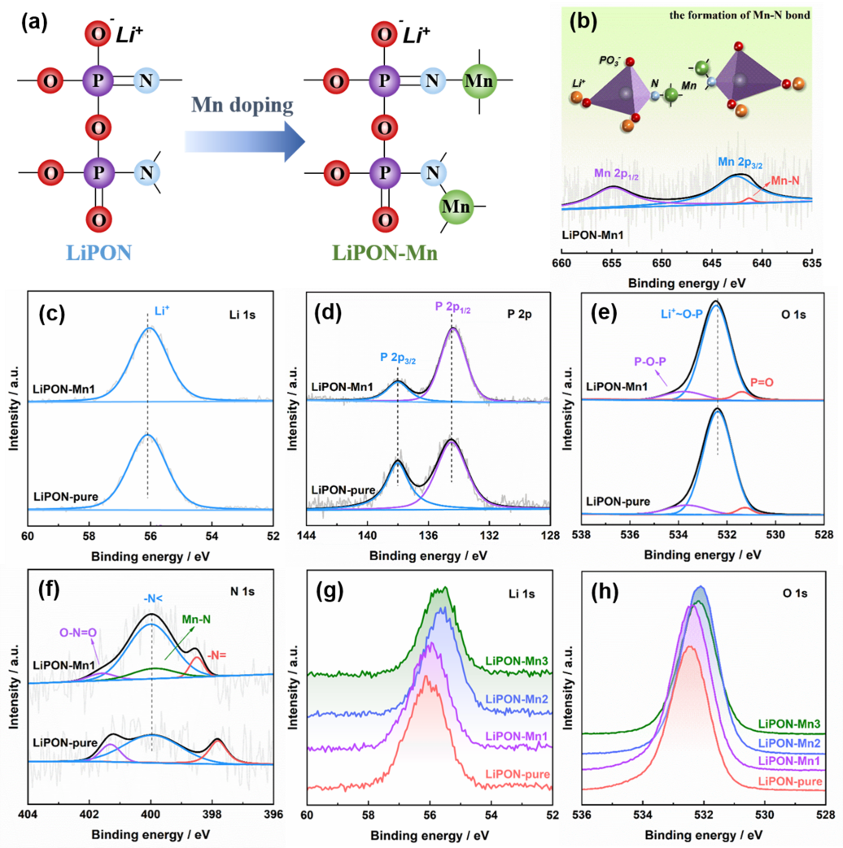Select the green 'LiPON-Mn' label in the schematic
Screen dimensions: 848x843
[x=386, y=253]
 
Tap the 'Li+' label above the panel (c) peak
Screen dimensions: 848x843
[x=164, y=311]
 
